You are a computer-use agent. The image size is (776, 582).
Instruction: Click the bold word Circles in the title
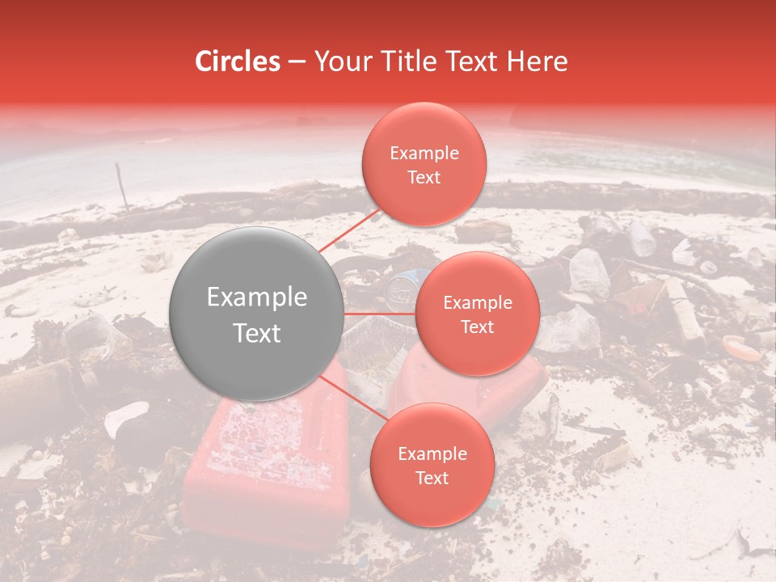click(x=238, y=61)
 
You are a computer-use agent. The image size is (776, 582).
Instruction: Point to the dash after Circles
click(x=297, y=62)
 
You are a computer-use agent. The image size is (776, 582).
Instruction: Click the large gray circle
click(x=257, y=314)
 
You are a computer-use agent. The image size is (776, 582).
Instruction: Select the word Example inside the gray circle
click(x=257, y=297)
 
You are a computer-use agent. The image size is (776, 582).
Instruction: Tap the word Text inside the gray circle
click(x=257, y=332)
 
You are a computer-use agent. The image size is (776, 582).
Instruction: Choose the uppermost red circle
click(x=424, y=164)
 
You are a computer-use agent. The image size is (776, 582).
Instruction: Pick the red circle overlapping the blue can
click(x=477, y=314)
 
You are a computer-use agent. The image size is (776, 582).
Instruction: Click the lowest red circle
click(x=432, y=465)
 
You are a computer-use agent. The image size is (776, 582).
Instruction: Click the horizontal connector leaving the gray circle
click(x=380, y=314)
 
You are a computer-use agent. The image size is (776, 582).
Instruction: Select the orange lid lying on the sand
click(x=741, y=348)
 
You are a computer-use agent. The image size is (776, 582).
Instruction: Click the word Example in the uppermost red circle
click(x=424, y=154)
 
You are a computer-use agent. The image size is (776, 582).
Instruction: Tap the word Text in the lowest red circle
click(x=432, y=478)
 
